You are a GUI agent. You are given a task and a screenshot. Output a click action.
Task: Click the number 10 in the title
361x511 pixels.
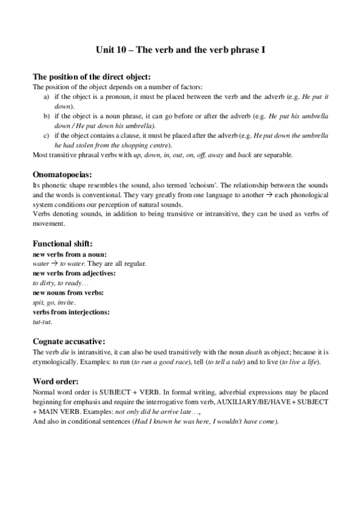[124, 51]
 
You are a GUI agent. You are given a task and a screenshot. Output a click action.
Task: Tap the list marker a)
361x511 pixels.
[47, 96]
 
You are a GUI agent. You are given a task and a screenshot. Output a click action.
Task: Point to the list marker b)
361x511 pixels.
[47, 116]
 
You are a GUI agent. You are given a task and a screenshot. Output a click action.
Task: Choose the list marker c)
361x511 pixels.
[47, 136]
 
